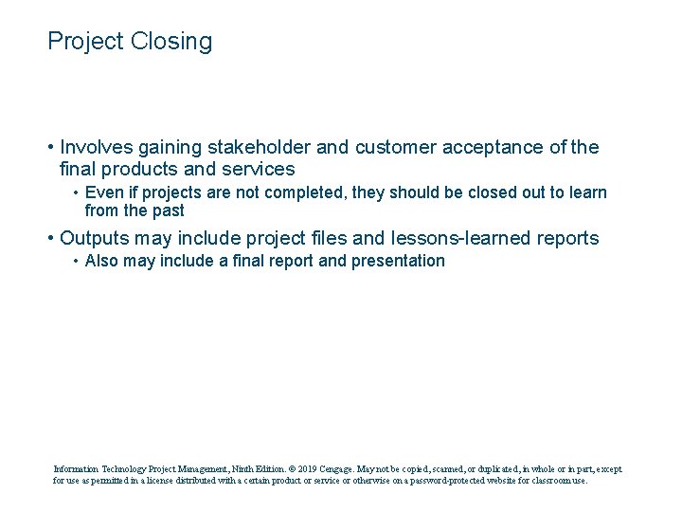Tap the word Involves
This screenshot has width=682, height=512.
(97, 147)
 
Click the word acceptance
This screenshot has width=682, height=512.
(491, 147)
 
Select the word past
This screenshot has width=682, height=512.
(168, 210)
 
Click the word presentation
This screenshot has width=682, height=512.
(398, 261)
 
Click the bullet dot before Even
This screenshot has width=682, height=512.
(76, 193)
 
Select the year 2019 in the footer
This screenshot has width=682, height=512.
(305, 468)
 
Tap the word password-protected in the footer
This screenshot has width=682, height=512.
(453, 481)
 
